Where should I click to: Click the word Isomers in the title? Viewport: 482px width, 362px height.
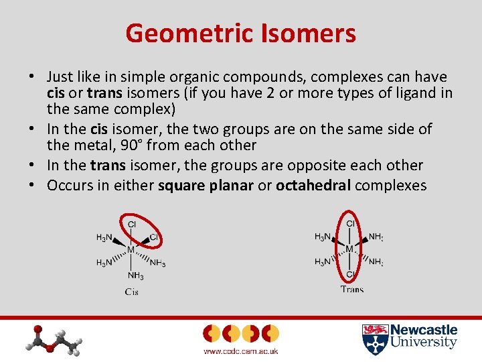point(313,33)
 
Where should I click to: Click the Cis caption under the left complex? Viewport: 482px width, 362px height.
point(131,292)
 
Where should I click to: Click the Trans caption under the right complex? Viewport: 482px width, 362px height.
point(351,290)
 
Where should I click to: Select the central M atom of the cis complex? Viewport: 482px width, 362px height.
point(131,249)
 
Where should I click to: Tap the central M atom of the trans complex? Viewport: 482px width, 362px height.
point(349,249)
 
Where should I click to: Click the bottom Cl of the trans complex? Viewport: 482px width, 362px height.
point(350,274)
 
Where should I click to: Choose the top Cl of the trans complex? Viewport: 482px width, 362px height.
point(350,223)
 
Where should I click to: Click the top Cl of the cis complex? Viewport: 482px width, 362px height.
point(132,224)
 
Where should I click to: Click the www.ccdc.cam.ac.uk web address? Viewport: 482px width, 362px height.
point(240,351)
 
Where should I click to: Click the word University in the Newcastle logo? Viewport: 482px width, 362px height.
point(424,343)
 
